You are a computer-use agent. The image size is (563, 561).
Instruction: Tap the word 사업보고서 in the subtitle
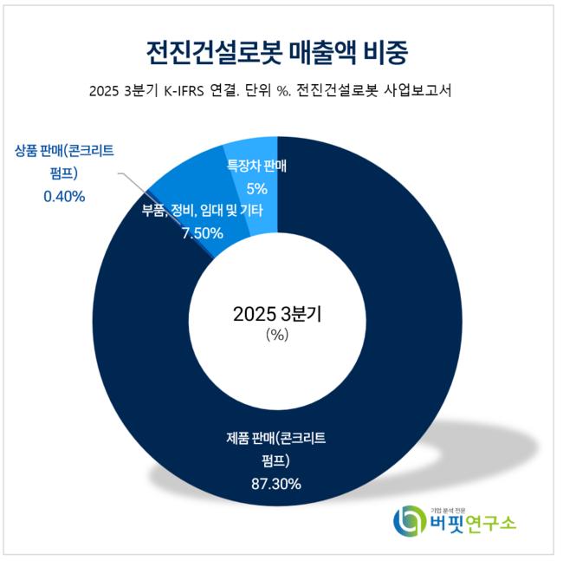(427, 91)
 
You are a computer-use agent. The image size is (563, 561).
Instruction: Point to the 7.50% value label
(199, 232)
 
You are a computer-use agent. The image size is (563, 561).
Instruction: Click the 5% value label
(256, 187)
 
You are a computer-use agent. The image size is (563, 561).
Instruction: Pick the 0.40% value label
(64, 197)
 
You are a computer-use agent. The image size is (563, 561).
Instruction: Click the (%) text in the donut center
(277, 336)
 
